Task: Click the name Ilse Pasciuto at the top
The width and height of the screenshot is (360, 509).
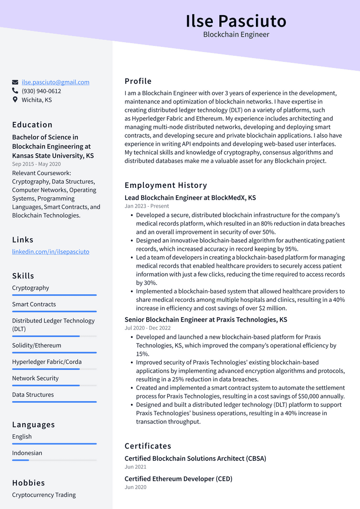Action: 236,21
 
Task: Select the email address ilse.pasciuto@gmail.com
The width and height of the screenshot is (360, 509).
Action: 55,82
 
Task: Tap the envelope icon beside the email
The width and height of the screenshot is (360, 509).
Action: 15,82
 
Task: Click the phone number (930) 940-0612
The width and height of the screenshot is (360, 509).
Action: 41,91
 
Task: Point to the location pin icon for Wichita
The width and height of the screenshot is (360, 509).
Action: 15,100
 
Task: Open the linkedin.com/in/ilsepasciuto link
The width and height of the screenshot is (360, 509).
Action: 51,252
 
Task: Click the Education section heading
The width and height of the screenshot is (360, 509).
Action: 32,125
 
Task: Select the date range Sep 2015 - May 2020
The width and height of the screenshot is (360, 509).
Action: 37,164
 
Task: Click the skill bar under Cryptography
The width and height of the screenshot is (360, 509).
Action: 54,295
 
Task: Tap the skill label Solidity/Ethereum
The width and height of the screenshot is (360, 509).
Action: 37,345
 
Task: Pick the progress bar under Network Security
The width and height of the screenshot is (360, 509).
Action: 54,385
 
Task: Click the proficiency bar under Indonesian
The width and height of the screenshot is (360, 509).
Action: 54,460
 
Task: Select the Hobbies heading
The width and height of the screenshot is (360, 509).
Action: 29,483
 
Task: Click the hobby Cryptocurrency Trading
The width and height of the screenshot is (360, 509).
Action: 44,495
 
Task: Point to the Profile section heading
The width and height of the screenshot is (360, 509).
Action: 138,81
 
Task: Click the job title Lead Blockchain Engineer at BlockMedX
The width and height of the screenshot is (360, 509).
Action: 190,198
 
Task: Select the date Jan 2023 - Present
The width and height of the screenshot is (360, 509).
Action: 147,206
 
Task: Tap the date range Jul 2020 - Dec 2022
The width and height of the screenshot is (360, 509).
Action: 148,328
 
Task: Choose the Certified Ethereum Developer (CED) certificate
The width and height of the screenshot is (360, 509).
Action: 179,479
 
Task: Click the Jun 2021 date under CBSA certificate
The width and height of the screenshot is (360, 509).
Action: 135,467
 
